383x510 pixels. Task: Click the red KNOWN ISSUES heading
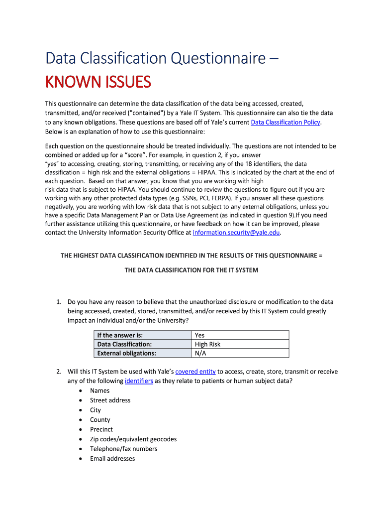(x=98, y=82)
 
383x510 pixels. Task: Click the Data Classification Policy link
(x=286, y=122)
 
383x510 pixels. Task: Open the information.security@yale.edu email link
(x=236, y=233)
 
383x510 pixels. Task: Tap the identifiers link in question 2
(x=139, y=381)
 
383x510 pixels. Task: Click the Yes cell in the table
(x=200, y=335)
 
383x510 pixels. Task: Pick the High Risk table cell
(x=207, y=344)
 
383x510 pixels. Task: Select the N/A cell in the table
(x=200, y=353)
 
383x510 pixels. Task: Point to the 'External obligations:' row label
(x=126, y=353)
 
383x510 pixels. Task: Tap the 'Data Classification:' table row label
(x=124, y=344)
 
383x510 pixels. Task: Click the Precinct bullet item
(x=101, y=429)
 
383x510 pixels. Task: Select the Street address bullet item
(x=110, y=400)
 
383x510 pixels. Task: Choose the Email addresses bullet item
(x=112, y=459)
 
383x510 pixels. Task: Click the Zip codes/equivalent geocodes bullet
(x=133, y=439)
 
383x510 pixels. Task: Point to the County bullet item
(x=100, y=420)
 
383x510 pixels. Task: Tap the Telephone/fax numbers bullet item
(x=123, y=449)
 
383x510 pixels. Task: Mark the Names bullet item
(x=99, y=390)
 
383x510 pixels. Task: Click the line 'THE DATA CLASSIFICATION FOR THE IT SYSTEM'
(x=191, y=270)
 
